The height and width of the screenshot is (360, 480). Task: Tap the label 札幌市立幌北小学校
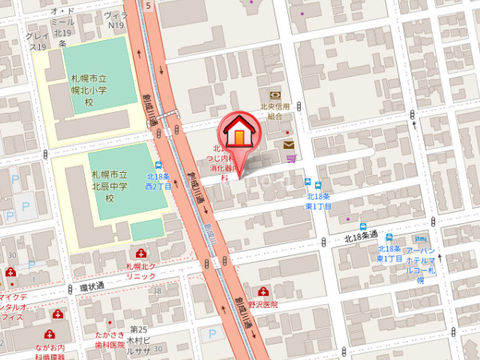click(x=90, y=93)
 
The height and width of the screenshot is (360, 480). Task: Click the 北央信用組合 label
click(x=275, y=111)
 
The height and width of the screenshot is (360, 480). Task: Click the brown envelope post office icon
click(x=288, y=145)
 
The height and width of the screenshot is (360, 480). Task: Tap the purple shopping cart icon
click(x=291, y=158)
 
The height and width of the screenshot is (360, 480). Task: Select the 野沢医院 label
click(x=262, y=305)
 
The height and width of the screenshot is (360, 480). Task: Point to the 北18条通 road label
click(x=360, y=238)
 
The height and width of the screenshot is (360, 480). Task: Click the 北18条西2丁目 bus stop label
click(x=159, y=181)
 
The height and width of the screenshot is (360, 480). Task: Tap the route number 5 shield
click(x=149, y=4)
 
